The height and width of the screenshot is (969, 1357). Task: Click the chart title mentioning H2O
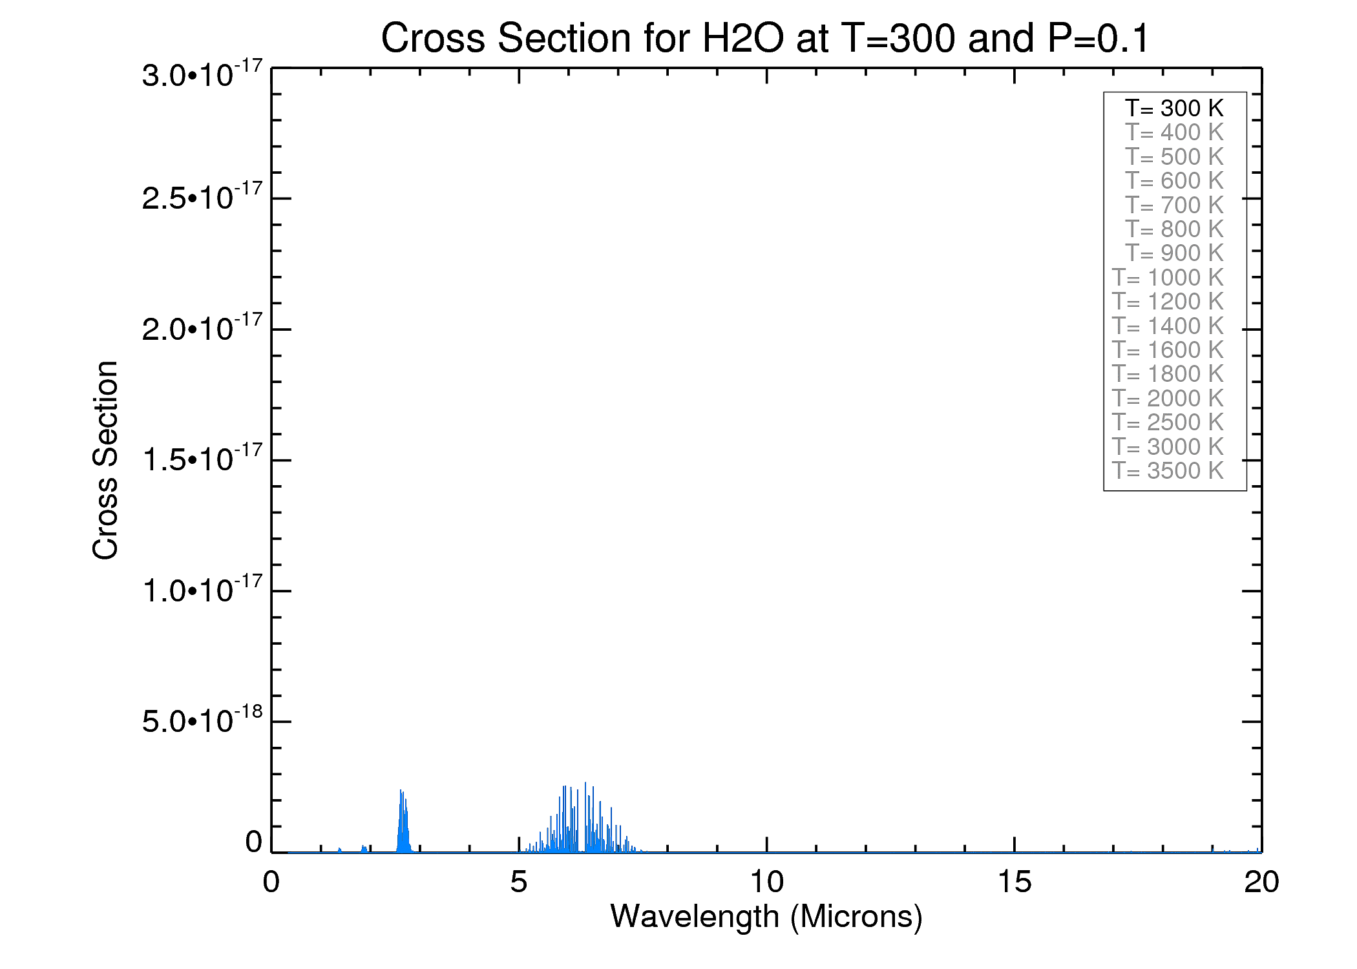click(x=765, y=38)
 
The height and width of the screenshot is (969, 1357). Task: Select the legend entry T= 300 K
click(x=1174, y=108)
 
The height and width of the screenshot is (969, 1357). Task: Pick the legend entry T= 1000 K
click(x=1168, y=277)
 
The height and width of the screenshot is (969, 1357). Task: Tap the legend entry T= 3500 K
click(x=1168, y=470)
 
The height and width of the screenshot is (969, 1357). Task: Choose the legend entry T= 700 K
click(x=1174, y=205)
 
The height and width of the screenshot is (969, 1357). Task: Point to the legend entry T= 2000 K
click(x=1168, y=398)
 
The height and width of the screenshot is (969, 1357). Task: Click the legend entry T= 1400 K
click(x=1168, y=326)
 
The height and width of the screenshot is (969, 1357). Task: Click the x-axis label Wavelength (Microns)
click(x=766, y=917)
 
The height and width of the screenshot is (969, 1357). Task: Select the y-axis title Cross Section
click(x=105, y=460)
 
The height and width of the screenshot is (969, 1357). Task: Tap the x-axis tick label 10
click(x=766, y=882)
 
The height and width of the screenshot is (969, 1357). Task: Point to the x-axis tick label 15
click(x=1014, y=882)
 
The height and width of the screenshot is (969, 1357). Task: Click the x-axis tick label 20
click(x=1261, y=882)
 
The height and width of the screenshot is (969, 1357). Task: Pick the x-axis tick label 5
click(x=519, y=882)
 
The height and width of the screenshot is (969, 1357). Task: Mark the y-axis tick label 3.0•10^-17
click(x=202, y=74)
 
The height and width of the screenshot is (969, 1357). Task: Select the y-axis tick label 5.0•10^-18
click(x=202, y=720)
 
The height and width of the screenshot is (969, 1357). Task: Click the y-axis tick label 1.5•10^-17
click(x=202, y=459)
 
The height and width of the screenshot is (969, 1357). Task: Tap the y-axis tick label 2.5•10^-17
click(x=202, y=197)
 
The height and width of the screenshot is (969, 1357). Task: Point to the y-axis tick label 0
click(x=253, y=842)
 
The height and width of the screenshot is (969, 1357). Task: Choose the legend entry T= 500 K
click(x=1174, y=156)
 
